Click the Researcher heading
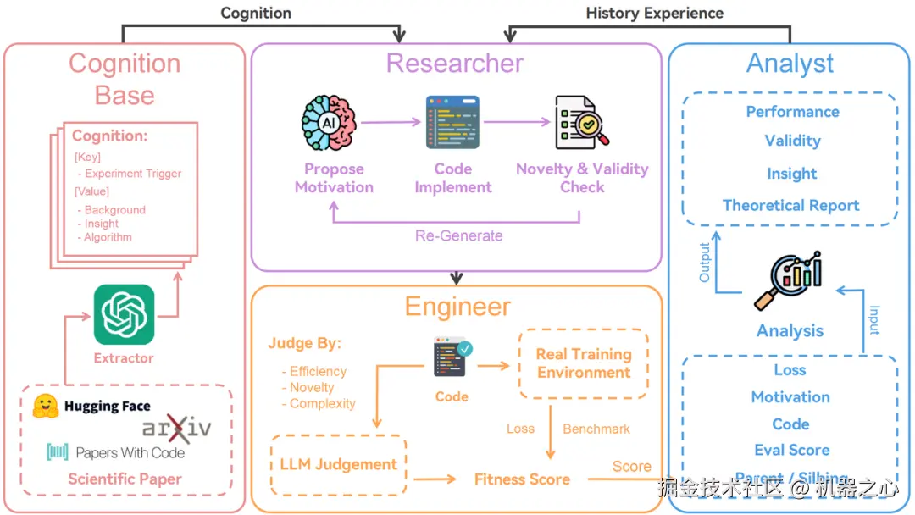click(455, 64)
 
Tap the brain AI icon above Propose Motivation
click(333, 124)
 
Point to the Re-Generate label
click(458, 235)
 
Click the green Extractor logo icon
click(124, 314)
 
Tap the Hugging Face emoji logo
click(45, 407)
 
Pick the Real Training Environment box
click(584, 363)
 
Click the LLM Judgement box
click(338, 464)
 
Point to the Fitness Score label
click(522, 479)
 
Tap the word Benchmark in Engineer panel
click(596, 429)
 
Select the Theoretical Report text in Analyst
click(790, 205)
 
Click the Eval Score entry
click(791, 450)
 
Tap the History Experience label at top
click(654, 13)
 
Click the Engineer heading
click(457, 307)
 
